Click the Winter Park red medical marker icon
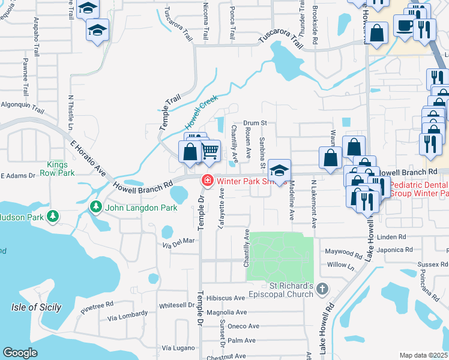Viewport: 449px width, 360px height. point(207,179)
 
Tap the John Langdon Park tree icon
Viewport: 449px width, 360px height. point(95,207)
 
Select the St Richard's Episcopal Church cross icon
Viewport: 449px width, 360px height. point(322,289)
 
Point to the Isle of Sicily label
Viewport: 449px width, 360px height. point(36,307)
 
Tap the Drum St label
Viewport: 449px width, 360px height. point(255,123)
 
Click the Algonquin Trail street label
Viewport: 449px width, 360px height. point(22,107)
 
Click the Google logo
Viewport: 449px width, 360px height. point(20,352)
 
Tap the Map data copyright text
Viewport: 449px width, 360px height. point(424,355)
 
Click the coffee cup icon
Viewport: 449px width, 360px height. point(404,26)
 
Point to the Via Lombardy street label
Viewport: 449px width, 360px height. point(127,315)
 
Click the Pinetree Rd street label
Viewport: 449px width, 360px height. point(97,308)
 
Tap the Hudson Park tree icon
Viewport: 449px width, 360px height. point(53,215)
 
